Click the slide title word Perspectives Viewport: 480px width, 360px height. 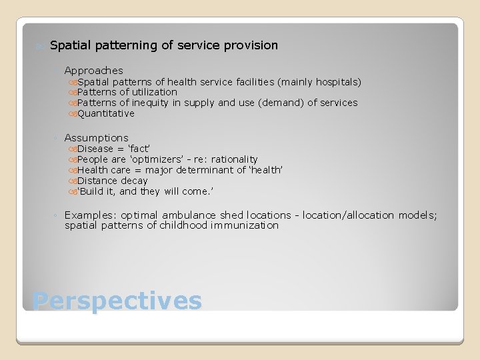117,301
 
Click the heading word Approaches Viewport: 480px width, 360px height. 93,71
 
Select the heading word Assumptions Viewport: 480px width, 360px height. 96,138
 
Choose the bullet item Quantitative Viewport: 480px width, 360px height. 105,114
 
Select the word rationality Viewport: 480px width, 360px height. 234,160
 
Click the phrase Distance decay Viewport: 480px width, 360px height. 112,181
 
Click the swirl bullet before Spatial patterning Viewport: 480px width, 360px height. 39,47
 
